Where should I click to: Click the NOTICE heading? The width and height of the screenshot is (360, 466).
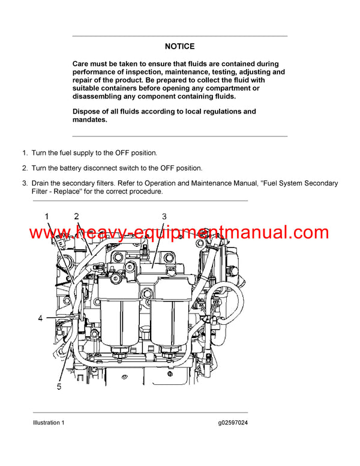[179, 46]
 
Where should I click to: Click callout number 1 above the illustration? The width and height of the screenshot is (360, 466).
[47, 216]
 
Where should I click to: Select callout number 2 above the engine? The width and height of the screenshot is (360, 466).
[76, 216]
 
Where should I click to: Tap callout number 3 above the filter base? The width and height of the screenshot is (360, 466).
[164, 216]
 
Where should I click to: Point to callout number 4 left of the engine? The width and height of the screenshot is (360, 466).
[41, 318]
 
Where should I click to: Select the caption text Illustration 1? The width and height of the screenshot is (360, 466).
[49, 423]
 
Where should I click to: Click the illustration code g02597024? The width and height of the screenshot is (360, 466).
[233, 423]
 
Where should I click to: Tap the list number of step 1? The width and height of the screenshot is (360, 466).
[25, 153]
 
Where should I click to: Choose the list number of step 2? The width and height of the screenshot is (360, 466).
[25, 168]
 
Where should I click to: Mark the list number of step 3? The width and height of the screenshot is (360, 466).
[25, 183]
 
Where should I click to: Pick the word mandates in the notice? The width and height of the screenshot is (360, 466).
[89, 120]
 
